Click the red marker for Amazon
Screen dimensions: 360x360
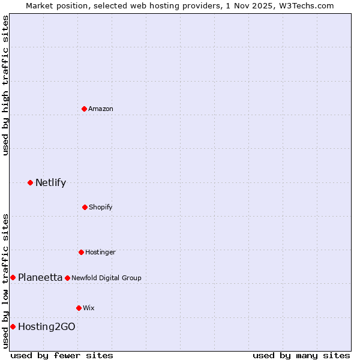click(85, 109)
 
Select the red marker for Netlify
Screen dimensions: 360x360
click(31, 182)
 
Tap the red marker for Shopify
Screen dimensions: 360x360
click(85, 207)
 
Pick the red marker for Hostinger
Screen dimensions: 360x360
click(82, 252)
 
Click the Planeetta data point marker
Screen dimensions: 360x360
click(13, 277)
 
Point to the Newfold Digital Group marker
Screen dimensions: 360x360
click(68, 278)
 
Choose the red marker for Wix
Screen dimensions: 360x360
click(79, 308)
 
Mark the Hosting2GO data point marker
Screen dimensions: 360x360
click(13, 326)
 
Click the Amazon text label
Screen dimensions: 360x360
click(101, 109)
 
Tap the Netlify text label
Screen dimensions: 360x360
click(50, 183)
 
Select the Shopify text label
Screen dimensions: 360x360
click(101, 208)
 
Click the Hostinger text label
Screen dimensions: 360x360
click(100, 253)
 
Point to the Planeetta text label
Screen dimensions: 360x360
click(40, 277)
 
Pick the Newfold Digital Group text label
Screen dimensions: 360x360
click(106, 278)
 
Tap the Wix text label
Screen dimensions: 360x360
click(89, 308)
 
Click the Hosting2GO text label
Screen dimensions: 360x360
click(47, 327)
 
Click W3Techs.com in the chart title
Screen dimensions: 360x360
click(304, 5)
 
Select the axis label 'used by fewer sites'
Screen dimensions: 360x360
click(62, 355)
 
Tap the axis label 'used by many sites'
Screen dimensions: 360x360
click(301, 355)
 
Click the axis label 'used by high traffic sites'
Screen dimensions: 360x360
click(5, 85)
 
